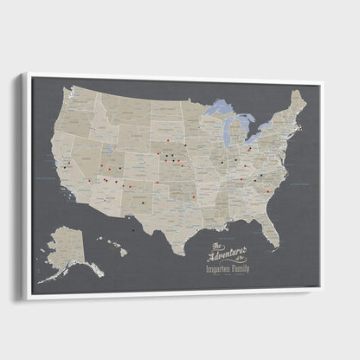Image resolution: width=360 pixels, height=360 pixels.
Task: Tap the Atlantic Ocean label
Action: click(299, 184)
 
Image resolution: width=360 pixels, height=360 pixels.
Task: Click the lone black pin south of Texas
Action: click(132, 231)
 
